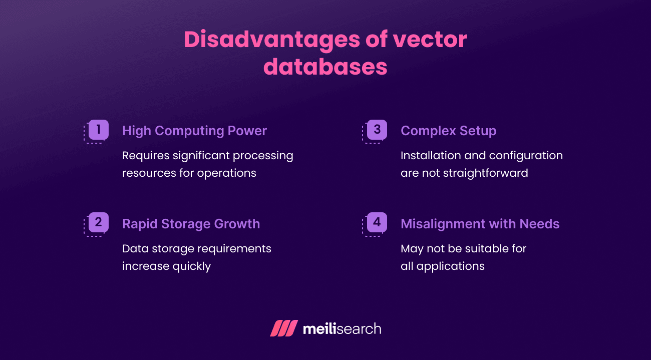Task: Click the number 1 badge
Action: (x=99, y=130)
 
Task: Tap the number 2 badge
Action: (x=99, y=222)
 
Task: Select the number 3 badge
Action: (x=377, y=130)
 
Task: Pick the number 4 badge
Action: (x=377, y=222)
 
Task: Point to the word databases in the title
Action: (x=325, y=67)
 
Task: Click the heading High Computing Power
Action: (x=194, y=131)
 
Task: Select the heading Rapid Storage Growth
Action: (x=191, y=224)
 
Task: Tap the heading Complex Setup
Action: (x=448, y=131)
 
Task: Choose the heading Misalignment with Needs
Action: (x=480, y=224)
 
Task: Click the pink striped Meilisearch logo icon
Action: (x=284, y=328)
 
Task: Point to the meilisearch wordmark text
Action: (x=342, y=329)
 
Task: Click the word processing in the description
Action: (x=262, y=156)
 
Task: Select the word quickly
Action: (x=192, y=266)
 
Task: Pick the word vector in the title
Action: (x=429, y=40)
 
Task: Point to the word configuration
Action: (x=526, y=156)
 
